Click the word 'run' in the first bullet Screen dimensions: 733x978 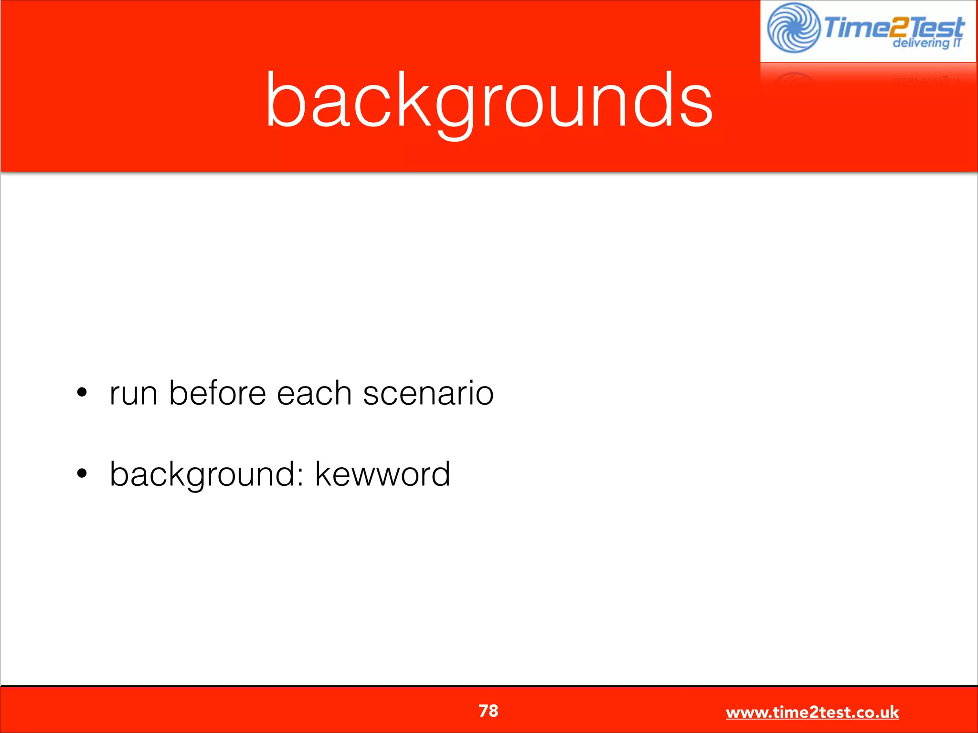(x=133, y=394)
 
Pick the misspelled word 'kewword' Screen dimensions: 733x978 (x=383, y=474)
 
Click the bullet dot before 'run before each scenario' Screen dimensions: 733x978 (x=82, y=392)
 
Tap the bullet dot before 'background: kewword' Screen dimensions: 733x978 (x=82, y=473)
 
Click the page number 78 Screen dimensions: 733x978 (x=489, y=711)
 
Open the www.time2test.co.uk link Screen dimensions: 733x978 (x=812, y=712)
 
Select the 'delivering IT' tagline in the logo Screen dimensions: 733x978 (x=927, y=43)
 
